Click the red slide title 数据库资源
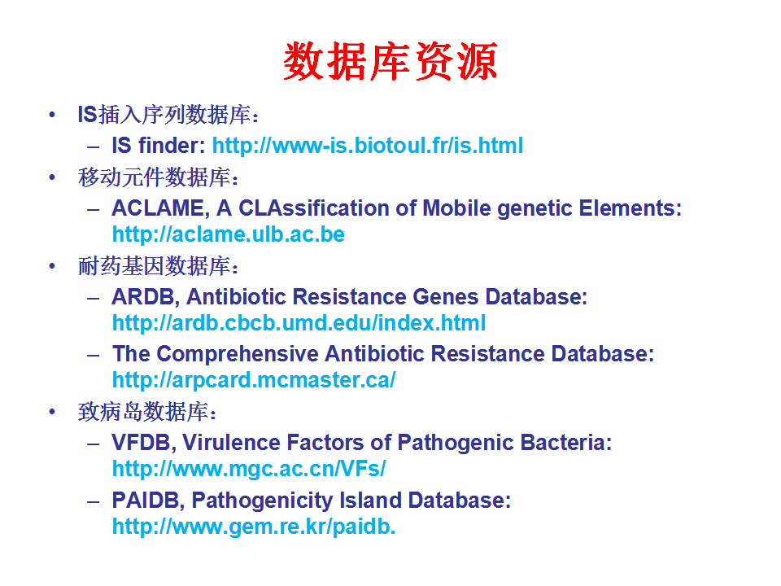[390, 61]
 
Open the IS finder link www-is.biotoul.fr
[368, 146]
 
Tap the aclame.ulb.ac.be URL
[228, 234]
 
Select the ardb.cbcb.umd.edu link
[299, 323]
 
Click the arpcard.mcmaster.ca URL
[254, 380]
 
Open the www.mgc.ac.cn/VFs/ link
[249, 469]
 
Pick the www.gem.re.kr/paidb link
[254, 527]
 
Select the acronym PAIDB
[148, 501]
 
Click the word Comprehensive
[237, 354]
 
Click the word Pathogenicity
[262, 501]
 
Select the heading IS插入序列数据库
[168, 115]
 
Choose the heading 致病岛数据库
[147, 412]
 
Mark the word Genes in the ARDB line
[446, 297]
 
